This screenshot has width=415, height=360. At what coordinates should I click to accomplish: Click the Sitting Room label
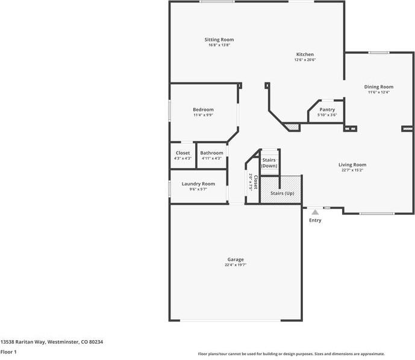point(219,40)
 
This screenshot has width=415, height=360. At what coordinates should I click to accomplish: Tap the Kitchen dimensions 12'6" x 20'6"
point(305,60)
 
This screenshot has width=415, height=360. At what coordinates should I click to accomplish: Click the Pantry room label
point(327,110)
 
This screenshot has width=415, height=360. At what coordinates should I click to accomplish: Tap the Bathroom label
point(211,153)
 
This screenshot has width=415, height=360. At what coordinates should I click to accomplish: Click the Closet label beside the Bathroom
point(183,153)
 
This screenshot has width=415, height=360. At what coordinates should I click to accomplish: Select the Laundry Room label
point(198,184)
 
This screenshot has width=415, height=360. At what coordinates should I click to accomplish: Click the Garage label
point(235,259)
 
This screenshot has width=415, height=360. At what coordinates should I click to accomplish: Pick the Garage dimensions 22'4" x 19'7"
point(235,265)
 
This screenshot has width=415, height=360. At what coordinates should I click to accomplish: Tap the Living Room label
point(352,164)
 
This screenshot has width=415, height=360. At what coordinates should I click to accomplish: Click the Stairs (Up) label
point(282,193)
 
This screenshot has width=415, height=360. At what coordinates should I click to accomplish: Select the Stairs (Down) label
point(269,163)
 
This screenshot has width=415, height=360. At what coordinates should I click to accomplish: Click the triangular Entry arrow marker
point(315,212)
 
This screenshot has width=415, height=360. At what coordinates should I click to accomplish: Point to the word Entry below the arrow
point(315,220)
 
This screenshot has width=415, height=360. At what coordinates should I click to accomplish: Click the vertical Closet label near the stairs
point(255,182)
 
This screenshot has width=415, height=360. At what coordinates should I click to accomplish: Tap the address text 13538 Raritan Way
point(52,342)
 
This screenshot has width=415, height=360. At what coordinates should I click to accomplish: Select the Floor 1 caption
point(8,352)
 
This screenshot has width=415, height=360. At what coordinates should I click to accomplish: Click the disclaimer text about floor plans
point(291,354)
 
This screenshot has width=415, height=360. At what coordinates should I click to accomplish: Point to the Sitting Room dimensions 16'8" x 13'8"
point(219,45)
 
